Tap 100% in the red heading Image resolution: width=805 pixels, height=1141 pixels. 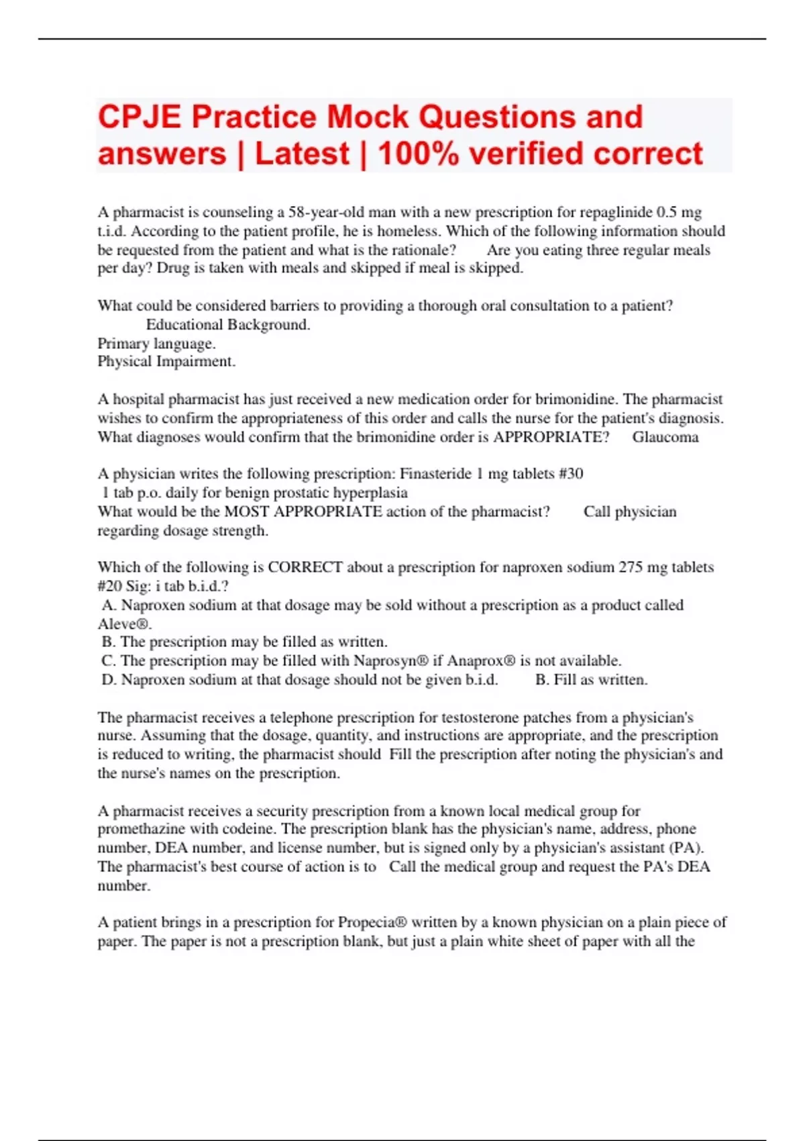pyautogui.click(x=419, y=154)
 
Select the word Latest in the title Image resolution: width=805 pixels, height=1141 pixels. pyautogui.click(x=303, y=154)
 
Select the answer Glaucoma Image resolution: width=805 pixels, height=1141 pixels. pyautogui.click(x=665, y=437)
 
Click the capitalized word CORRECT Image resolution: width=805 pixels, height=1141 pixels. pyautogui.click(x=305, y=567)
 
